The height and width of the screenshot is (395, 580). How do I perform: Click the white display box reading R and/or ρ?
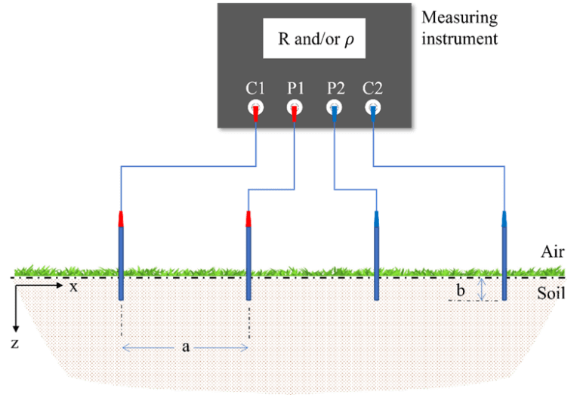coord(313,39)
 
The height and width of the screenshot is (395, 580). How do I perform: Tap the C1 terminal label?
coord(255,88)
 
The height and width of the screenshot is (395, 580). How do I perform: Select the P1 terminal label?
coord(295,88)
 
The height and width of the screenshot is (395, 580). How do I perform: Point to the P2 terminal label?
coord(335,88)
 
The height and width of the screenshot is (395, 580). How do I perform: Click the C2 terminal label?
coord(373,88)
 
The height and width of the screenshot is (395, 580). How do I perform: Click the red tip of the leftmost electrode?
coord(120,218)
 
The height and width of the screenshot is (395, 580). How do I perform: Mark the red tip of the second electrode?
coord(248,218)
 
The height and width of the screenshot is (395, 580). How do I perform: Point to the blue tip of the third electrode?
coord(377,218)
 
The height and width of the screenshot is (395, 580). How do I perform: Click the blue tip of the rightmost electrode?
coord(504,218)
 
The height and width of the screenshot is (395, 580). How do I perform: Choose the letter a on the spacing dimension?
coord(185,347)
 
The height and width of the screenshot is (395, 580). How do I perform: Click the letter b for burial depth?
coord(461,291)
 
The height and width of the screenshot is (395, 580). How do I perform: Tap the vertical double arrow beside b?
coord(483,289)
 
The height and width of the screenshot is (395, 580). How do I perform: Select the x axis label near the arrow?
coord(74,287)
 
